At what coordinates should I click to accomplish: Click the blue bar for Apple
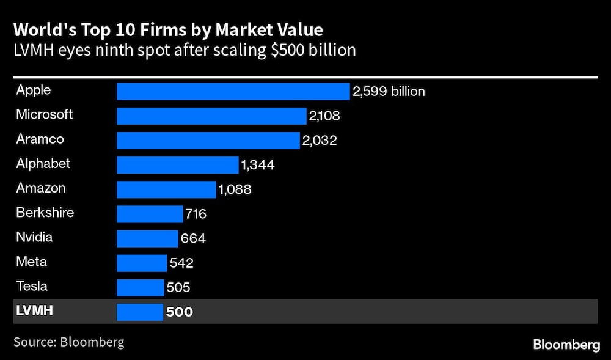coord(233,92)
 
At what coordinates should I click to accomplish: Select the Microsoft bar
coord(211,116)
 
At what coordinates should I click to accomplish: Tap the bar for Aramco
coord(208,141)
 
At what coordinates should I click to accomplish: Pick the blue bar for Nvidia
coord(147,238)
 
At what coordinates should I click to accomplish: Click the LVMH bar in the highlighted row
coord(140,312)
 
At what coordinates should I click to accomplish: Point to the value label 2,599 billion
coord(389,92)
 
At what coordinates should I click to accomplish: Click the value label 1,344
coord(258,165)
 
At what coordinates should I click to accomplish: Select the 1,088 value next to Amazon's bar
coord(235,189)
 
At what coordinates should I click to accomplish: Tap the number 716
coord(196,214)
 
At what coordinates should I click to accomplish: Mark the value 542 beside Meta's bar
coord(181,263)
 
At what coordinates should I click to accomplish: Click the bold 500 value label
coord(179,312)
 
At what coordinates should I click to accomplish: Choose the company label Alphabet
coord(43,164)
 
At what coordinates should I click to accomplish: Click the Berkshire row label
coord(45,213)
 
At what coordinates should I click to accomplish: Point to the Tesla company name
coord(32,286)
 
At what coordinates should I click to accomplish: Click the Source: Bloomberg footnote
coord(68,342)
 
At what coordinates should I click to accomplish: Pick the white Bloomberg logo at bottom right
coord(566,345)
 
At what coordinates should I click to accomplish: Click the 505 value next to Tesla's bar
coord(178,287)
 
